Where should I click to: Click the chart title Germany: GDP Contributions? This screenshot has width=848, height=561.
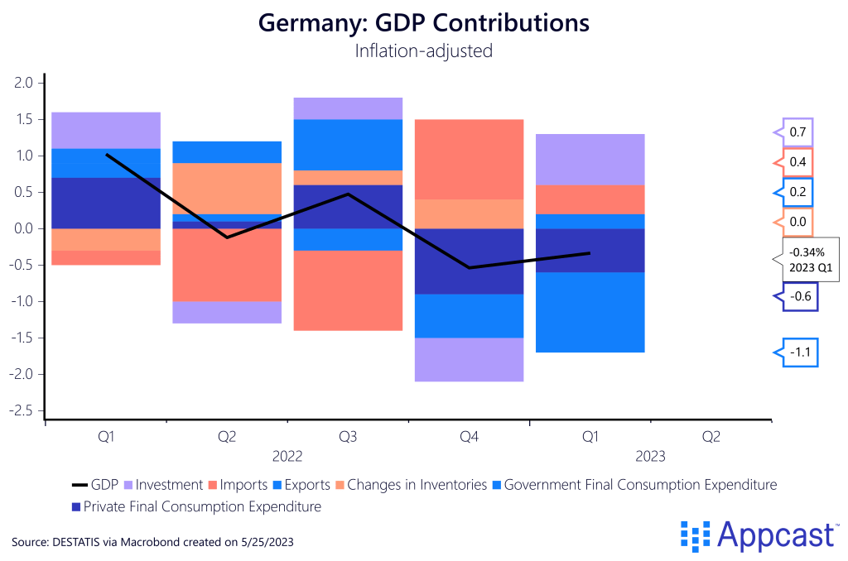[423, 22]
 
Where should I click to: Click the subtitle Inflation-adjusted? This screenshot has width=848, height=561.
[423, 50]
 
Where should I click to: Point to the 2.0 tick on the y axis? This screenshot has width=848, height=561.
[23, 83]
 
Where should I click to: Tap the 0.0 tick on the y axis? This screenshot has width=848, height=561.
[23, 228]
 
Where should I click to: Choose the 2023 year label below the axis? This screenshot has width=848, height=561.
[650, 456]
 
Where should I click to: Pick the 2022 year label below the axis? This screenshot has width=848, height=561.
[287, 456]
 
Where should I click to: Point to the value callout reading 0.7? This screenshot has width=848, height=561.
[797, 132]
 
